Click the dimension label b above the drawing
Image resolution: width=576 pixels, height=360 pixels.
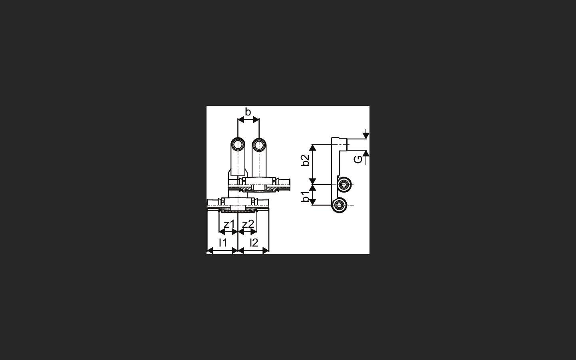pyautogui.click(x=248, y=112)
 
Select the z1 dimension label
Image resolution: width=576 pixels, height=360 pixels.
pyautogui.click(x=229, y=224)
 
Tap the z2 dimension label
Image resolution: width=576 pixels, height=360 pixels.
pyautogui.click(x=248, y=224)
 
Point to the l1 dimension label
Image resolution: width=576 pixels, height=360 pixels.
pyautogui.click(x=222, y=243)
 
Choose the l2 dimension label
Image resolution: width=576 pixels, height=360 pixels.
pyautogui.click(x=254, y=243)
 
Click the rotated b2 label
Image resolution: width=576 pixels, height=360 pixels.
pyautogui.click(x=305, y=160)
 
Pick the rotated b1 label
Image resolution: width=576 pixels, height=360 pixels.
pyautogui.click(x=305, y=197)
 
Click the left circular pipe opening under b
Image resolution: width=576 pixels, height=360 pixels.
pyautogui.click(x=238, y=145)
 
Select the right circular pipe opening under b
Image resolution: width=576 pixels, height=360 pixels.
pyautogui.click(x=259, y=145)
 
